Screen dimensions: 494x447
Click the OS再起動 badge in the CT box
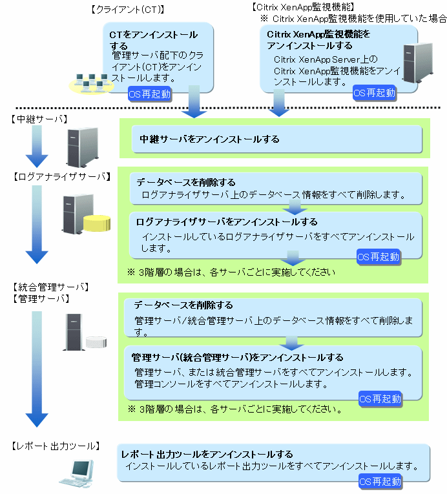[150, 94]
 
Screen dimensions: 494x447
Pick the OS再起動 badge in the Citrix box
[375, 92]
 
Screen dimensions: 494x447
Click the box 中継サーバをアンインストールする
[271, 139]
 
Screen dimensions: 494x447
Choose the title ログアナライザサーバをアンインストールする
[227, 222]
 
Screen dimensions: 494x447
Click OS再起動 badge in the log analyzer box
[379, 256]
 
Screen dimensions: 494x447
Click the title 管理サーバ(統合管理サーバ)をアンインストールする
[237, 357]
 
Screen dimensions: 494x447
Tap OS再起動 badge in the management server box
[380, 398]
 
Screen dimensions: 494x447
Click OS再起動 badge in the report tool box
[380, 481]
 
